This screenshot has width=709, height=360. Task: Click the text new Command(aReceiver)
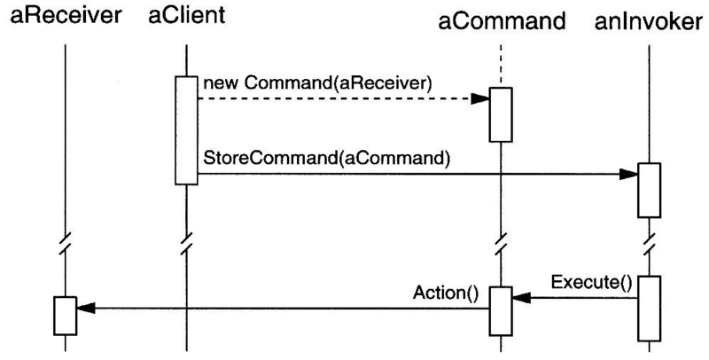pyautogui.click(x=316, y=83)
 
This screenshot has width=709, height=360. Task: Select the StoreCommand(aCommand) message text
pyautogui.click(x=327, y=160)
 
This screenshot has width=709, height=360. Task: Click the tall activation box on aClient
pyautogui.click(x=185, y=130)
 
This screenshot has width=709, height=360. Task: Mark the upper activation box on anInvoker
pyautogui.click(x=649, y=191)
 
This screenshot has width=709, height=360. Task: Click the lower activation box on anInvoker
pyautogui.click(x=649, y=308)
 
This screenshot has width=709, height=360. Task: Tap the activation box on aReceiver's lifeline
pyautogui.click(x=65, y=315)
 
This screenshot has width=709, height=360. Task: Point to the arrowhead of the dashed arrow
pyautogui.click(x=481, y=98)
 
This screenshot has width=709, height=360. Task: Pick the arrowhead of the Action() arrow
pyautogui.click(x=83, y=309)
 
